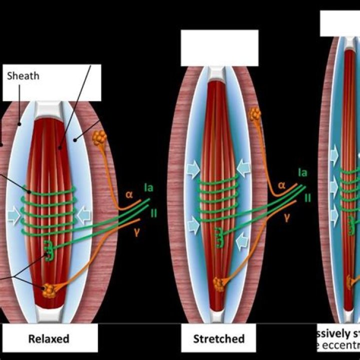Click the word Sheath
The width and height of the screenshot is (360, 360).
click(x=23, y=76)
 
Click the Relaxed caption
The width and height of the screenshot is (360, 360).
click(x=48, y=339)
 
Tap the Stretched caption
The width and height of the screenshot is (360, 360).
click(x=219, y=339)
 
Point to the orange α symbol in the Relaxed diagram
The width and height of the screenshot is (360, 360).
click(x=129, y=194)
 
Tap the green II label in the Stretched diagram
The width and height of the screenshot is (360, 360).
click(x=308, y=197)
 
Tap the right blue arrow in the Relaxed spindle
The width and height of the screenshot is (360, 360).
click(x=85, y=214)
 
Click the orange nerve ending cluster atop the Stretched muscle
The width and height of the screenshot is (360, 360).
click(x=255, y=113)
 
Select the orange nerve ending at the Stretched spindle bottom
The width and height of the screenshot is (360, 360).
click(x=219, y=284)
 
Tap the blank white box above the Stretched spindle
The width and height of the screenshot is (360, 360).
click(x=219, y=48)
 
